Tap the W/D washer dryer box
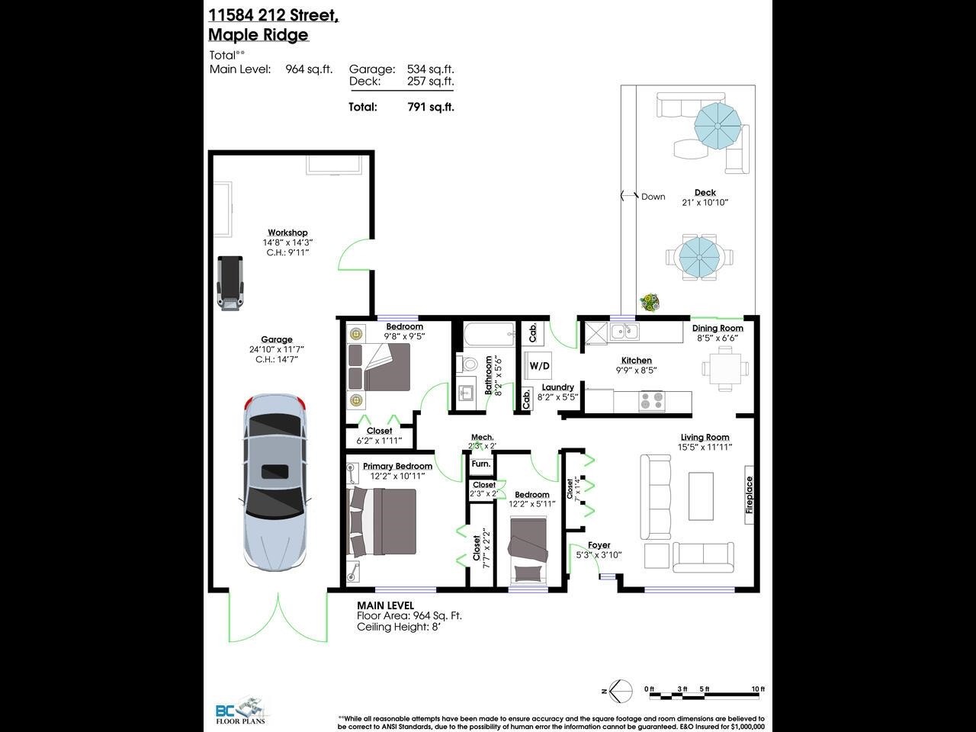click(x=539, y=366)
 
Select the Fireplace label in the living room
click(x=749, y=494)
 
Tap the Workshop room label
click(x=287, y=233)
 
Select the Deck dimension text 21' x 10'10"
click(x=705, y=203)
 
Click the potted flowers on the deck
click(x=649, y=303)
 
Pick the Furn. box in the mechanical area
click(x=480, y=464)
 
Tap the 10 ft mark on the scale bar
click(x=757, y=689)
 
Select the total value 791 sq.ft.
click(x=431, y=108)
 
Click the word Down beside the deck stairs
click(x=653, y=197)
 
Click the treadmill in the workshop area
click(x=230, y=283)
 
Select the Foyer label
click(x=599, y=545)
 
